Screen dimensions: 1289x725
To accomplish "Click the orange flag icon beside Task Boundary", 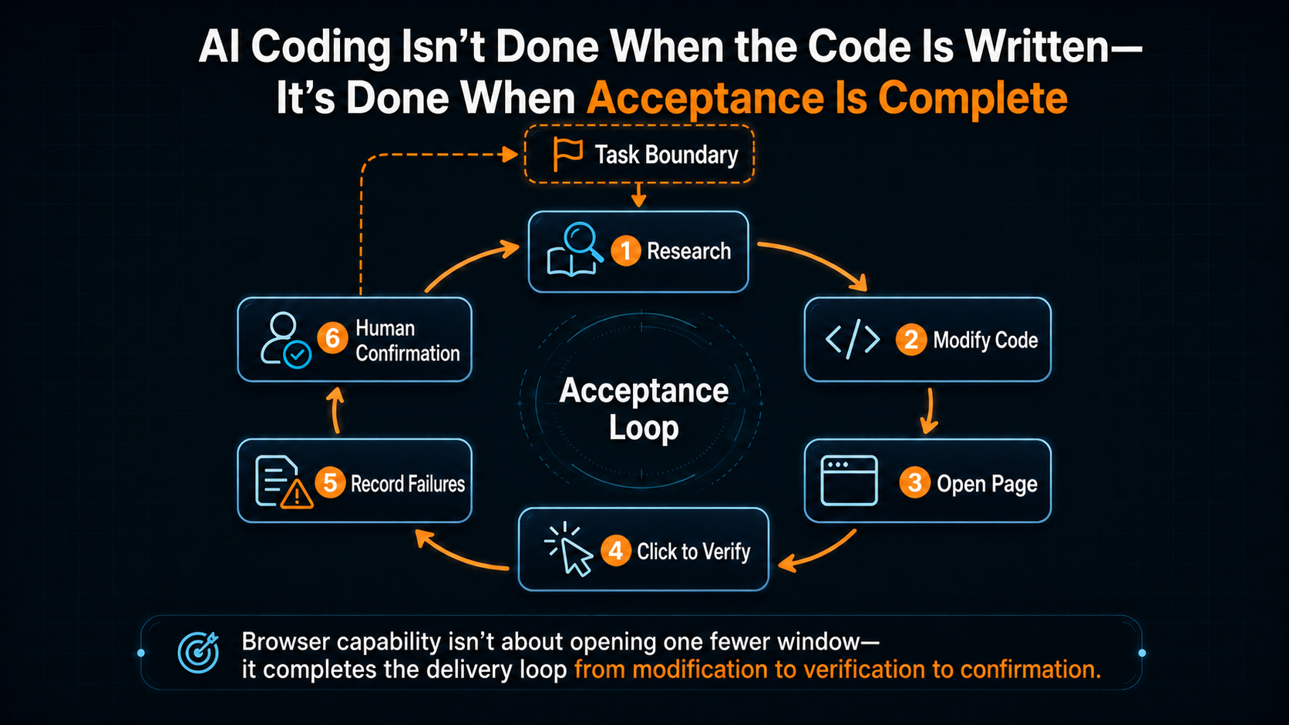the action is [567, 154].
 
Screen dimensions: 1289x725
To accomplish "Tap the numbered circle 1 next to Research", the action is [625, 250].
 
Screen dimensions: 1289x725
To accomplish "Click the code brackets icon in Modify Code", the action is [852, 339].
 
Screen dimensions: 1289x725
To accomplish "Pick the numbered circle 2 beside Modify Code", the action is [911, 340].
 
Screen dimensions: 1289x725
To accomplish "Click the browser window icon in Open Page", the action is [849, 481].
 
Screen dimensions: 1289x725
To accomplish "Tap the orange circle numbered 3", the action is [914, 482].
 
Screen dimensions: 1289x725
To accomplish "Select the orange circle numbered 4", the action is [616, 551].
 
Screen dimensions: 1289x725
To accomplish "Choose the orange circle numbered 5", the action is [330, 482].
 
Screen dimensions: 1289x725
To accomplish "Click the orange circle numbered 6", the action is [332, 337].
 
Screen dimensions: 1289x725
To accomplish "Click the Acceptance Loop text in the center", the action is [644, 409].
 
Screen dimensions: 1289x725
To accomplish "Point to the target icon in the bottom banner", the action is [199, 652].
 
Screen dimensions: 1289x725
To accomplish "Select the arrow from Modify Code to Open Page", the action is [929, 411].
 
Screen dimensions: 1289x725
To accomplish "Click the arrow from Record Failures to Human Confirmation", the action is [336, 411].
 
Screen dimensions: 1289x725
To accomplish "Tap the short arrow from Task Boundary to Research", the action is [638, 195].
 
